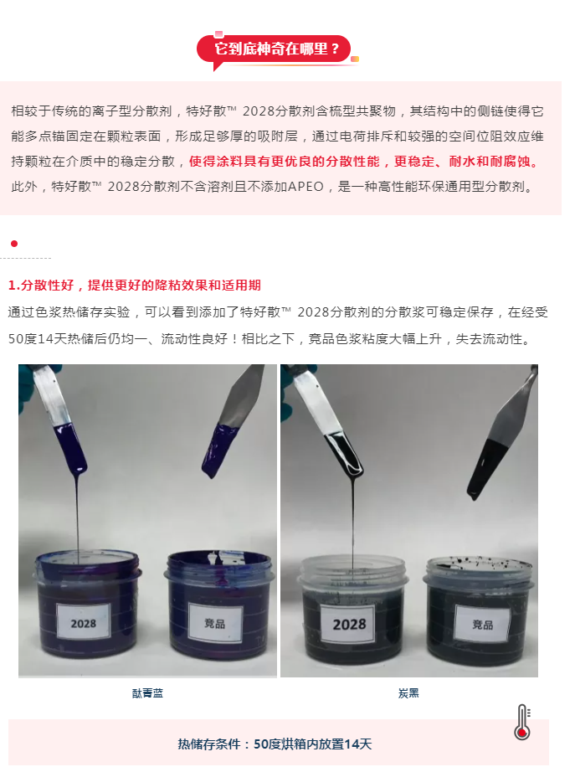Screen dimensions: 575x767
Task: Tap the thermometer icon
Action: [522, 722]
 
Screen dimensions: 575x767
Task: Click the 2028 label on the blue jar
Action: [83, 622]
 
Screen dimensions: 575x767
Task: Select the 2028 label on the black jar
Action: [349, 624]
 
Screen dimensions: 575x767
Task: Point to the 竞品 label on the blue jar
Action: [215, 623]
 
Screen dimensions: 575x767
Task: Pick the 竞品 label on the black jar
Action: [482, 624]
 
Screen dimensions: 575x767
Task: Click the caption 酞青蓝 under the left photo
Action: [147, 693]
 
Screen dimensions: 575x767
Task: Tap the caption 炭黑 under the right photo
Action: [408, 693]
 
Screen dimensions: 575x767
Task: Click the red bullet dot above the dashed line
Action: [14, 244]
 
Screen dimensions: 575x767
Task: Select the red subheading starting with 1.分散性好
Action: [135, 286]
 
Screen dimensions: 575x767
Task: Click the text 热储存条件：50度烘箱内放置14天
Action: [275, 744]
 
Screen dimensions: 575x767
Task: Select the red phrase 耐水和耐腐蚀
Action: [490, 162]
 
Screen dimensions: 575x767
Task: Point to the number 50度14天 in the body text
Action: [38, 339]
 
